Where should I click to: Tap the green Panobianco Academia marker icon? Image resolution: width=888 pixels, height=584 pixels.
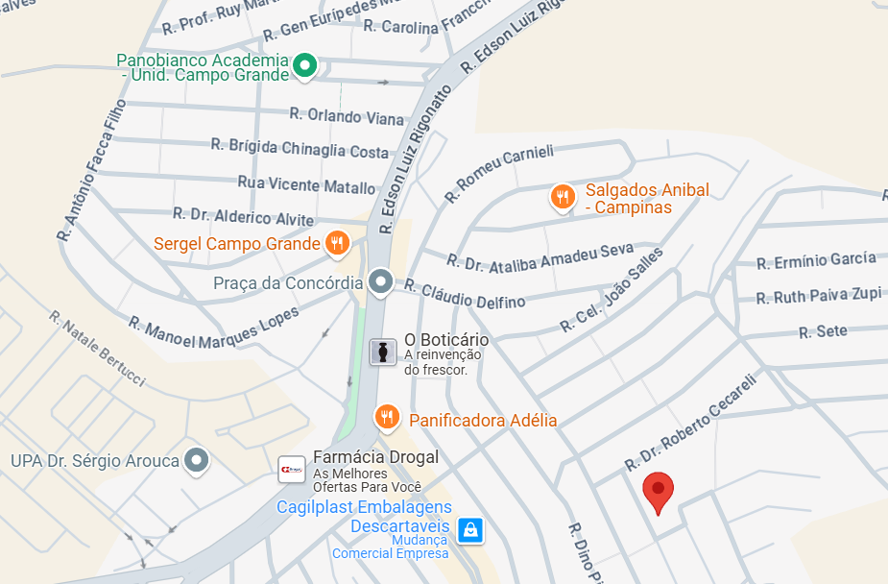(304, 65)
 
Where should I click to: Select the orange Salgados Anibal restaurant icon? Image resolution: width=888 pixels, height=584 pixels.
(563, 197)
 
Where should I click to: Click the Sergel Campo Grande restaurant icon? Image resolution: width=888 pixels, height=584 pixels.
(336, 243)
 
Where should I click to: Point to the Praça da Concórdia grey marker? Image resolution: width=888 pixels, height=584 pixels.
(381, 281)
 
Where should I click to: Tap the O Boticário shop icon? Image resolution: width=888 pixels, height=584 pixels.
(383, 352)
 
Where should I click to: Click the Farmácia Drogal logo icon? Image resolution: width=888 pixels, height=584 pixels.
(292, 468)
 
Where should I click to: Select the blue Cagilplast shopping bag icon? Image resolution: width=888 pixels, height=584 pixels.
(469, 528)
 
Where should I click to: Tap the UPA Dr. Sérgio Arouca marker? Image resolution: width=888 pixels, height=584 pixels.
(197, 460)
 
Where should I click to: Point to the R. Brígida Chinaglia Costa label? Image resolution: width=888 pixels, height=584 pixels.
(300, 149)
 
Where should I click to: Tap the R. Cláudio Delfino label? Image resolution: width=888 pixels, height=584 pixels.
(465, 293)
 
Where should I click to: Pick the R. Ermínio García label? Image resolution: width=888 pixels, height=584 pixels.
(816, 260)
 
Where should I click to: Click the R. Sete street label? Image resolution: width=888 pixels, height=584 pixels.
(823, 332)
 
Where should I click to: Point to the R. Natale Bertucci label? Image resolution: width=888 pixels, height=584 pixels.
(97, 348)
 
